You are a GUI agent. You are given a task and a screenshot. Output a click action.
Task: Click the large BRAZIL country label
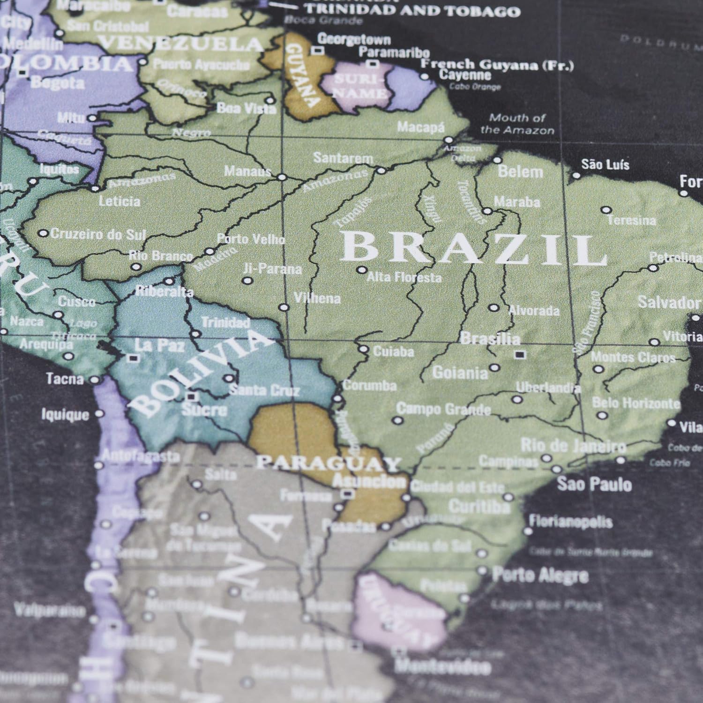473,249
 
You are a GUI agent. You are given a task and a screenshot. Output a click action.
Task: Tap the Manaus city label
247,171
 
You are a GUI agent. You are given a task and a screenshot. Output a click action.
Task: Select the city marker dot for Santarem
381,171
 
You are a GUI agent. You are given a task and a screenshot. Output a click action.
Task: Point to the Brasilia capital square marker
518,354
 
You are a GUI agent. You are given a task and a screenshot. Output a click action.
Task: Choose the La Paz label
159,346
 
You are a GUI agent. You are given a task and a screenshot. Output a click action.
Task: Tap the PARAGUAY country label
328,464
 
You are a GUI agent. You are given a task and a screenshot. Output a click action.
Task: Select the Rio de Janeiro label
573,446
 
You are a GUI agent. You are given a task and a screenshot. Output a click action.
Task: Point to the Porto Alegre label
540,575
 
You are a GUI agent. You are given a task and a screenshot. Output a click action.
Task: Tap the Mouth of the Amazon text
517,124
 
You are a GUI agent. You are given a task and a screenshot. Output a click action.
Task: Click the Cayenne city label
465,75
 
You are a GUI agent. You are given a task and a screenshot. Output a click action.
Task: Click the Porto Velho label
251,239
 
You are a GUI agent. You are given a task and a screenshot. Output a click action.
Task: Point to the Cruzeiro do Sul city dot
43,233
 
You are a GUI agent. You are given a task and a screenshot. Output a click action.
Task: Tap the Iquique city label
65,414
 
